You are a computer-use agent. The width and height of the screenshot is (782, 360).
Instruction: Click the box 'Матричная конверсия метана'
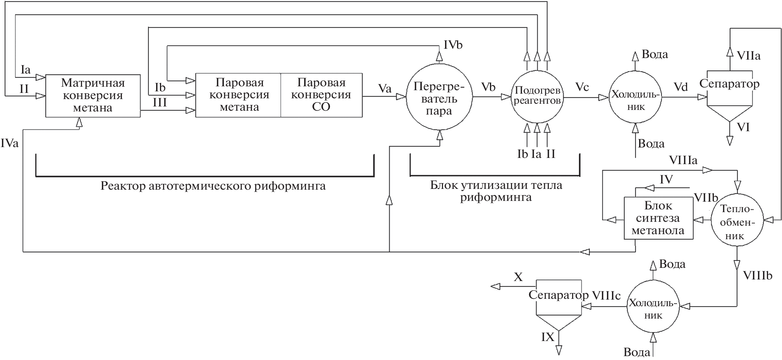93,96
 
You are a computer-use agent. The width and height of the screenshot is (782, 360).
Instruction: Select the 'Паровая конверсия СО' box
321,95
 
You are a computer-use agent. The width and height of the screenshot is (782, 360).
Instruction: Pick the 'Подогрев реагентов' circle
537,97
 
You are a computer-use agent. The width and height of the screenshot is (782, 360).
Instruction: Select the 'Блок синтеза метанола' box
658,218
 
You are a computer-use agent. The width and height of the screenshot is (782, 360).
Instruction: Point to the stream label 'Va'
385,89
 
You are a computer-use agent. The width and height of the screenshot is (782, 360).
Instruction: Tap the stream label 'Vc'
582,87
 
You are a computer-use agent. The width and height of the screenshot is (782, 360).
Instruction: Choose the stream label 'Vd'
681,87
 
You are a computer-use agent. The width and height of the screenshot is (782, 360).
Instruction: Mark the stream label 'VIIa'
748,56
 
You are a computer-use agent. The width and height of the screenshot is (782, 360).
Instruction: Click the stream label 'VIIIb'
757,276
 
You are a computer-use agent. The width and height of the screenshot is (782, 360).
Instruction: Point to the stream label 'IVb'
453,45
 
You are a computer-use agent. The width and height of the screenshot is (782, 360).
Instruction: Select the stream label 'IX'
548,337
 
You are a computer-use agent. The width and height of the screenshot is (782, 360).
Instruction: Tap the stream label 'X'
518,277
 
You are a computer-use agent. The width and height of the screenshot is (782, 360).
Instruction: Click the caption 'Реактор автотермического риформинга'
213,186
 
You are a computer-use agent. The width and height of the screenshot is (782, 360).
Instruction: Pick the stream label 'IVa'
9,144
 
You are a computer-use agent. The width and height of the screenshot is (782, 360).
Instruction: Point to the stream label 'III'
160,102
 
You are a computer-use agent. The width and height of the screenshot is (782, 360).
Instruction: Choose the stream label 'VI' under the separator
743,127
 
